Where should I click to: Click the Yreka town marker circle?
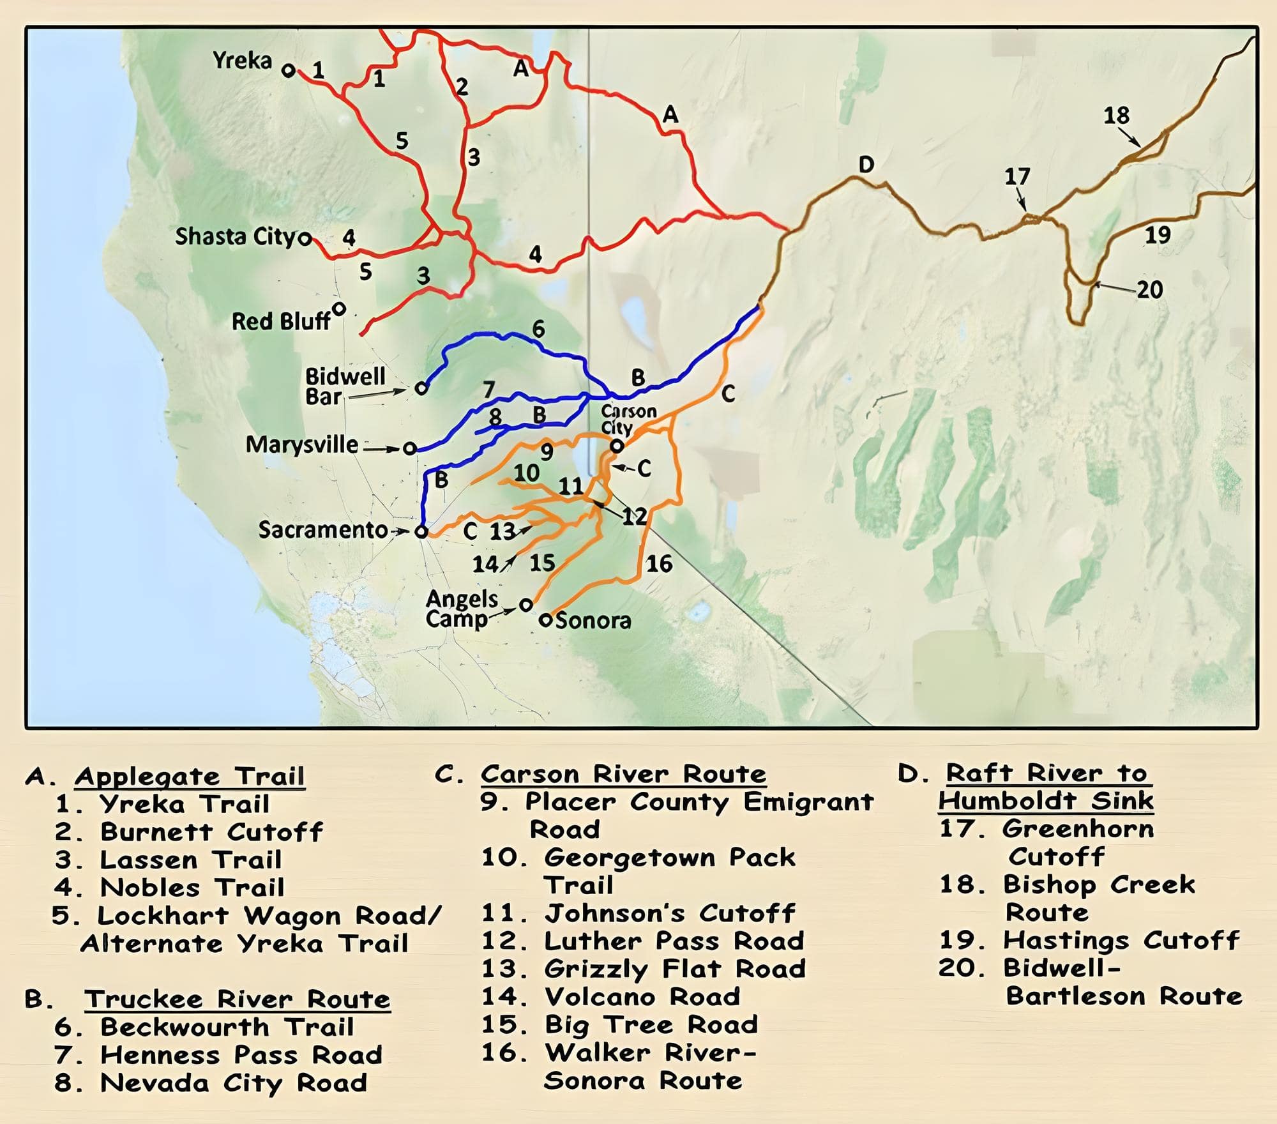[x=289, y=70]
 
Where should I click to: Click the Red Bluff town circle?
[x=340, y=309]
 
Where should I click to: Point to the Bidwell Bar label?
[x=345, y=386]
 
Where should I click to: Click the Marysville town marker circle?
[x=410, y=448]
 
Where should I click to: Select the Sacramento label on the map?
[x=322, y=530]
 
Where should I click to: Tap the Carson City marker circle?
[x=616, y=446]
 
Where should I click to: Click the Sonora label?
[x=593, y=621]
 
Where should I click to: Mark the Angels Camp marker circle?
[x=525, y=605]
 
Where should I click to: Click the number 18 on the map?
[x=1116, y=116]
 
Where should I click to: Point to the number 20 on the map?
[x=1149, y=290]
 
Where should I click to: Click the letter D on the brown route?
[x=866, y=165]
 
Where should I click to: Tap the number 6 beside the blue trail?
[x=538, y=330]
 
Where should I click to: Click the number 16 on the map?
[x=659, y=564]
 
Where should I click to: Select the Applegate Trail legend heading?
[x=190, y=777]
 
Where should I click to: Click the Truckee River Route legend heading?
[x=237, y=999]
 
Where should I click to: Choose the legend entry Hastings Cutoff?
[x=1121, y=941]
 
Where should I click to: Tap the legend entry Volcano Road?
[x=642, y=997]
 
